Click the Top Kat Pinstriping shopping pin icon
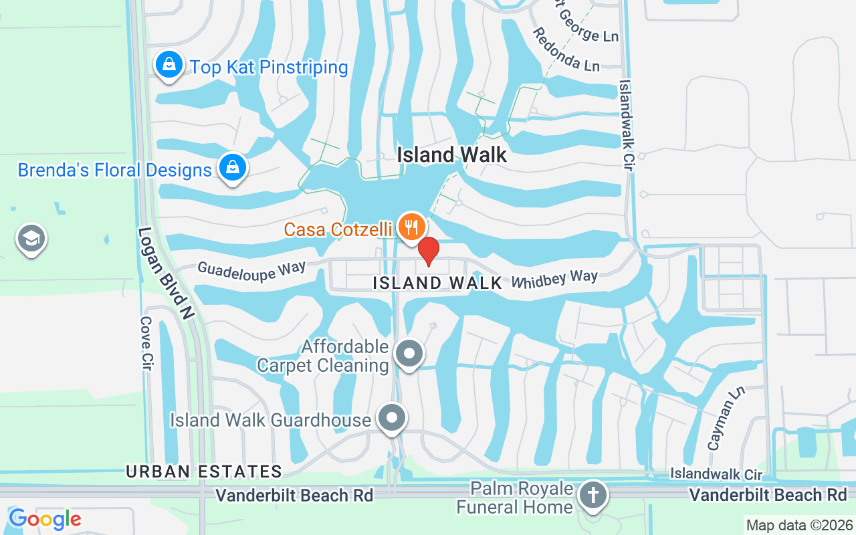(x=170, y=65)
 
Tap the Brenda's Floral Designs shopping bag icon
(x=233, y=167)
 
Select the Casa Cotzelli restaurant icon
(x=411, y=227)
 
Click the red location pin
(x=428, y=251)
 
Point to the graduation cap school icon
(x=31, y=238)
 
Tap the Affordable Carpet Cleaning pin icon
(x=409, y=352)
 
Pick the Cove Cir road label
(x=146, y=343)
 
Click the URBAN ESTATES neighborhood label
(x=204, y=471)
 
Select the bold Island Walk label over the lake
(x=452, y=155)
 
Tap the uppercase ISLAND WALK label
(x=437, y=283)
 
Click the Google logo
(x=45, y=518)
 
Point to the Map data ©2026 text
(x=798, y=525)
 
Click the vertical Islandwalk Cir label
(x=626, y=126)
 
